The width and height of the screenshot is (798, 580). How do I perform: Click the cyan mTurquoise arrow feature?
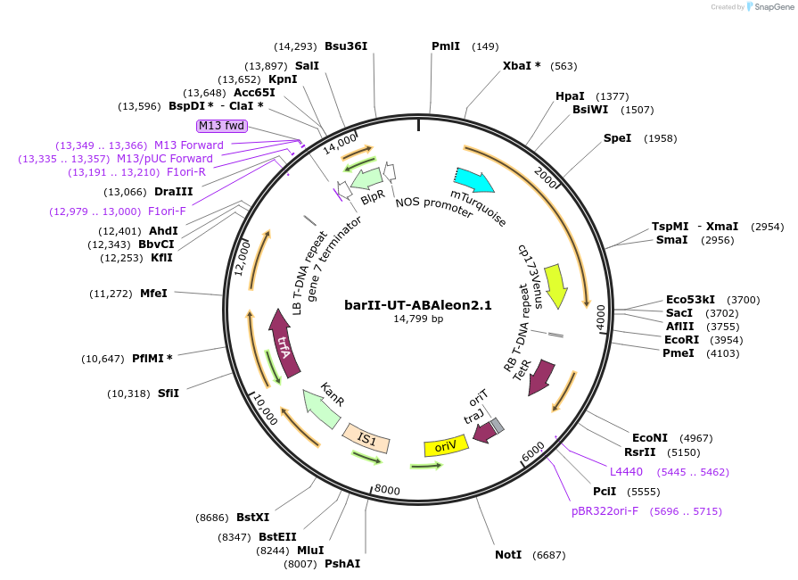point(474,180)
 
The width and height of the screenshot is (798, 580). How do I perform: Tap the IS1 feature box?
point(366,437)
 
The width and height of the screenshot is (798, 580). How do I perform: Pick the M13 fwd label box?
point(222,126)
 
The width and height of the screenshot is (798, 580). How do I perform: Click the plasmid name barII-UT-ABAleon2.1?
point(418,304)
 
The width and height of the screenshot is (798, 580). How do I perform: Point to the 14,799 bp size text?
point(418,319)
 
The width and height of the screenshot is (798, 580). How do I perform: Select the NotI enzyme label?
point(508,555)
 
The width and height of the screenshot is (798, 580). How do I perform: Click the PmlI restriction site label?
point(446,46)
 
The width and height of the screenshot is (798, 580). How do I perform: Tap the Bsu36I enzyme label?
point(346,46)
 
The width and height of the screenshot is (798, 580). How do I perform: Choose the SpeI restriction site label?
point(617,138)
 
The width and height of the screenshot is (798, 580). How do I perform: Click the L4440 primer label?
point(626,471)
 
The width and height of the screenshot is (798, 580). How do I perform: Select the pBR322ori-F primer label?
point(605,511)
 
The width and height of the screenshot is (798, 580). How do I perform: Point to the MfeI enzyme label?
point(153,293)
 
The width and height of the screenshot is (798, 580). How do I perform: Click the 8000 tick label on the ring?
point(387,490)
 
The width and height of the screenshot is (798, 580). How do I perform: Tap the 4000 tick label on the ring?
point(601,317)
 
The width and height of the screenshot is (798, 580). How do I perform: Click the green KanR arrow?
point(322,409)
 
